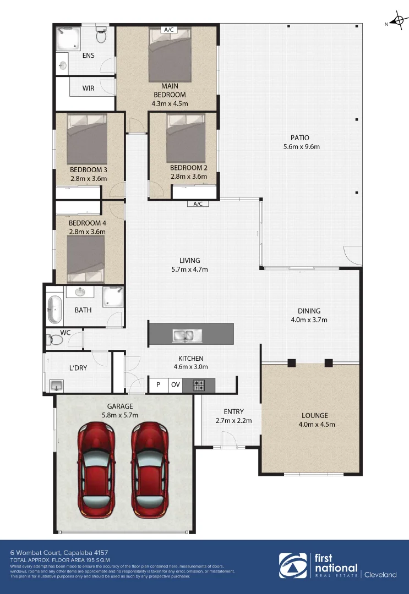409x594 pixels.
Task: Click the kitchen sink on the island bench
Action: coord(187,334)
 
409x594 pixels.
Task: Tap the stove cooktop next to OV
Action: coord(199,385)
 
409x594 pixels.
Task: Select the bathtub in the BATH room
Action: coord(54,310)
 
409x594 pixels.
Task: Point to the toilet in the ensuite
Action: coord(101,35)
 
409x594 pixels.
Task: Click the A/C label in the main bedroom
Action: coord(168,30)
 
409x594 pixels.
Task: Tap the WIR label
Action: coord(89,88)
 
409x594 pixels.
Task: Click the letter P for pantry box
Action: coord(158,385)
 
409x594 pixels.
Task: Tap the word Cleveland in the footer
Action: coord(380,575)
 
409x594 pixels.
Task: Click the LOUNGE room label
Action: coord(314,415)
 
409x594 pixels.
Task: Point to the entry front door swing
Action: coord(229,438)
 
